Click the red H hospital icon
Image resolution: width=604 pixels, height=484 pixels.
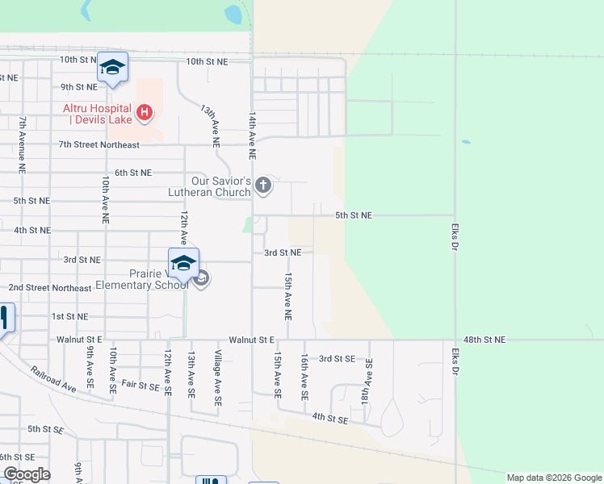click(x=144, y=112)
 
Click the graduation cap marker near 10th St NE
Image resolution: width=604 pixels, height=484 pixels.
click(x=112, y=68)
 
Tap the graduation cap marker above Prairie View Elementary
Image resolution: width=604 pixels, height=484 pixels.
click(x=183, y=263)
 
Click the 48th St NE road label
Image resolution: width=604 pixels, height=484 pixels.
click(x=484, y=340)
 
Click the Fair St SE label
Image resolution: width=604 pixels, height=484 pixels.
click(x=141, y=386)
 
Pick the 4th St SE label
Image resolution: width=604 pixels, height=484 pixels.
click(x=329, y=419)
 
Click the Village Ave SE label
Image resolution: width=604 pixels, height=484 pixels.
click(x=217, y=378)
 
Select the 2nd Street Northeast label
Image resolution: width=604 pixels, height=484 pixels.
click(x=50, y=287)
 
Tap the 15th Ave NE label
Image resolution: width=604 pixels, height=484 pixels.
click(x=288, y=294)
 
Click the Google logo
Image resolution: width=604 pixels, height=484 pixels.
click(x=27, y=474)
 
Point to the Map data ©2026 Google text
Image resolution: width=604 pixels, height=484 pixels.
click(x=555, y=478)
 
